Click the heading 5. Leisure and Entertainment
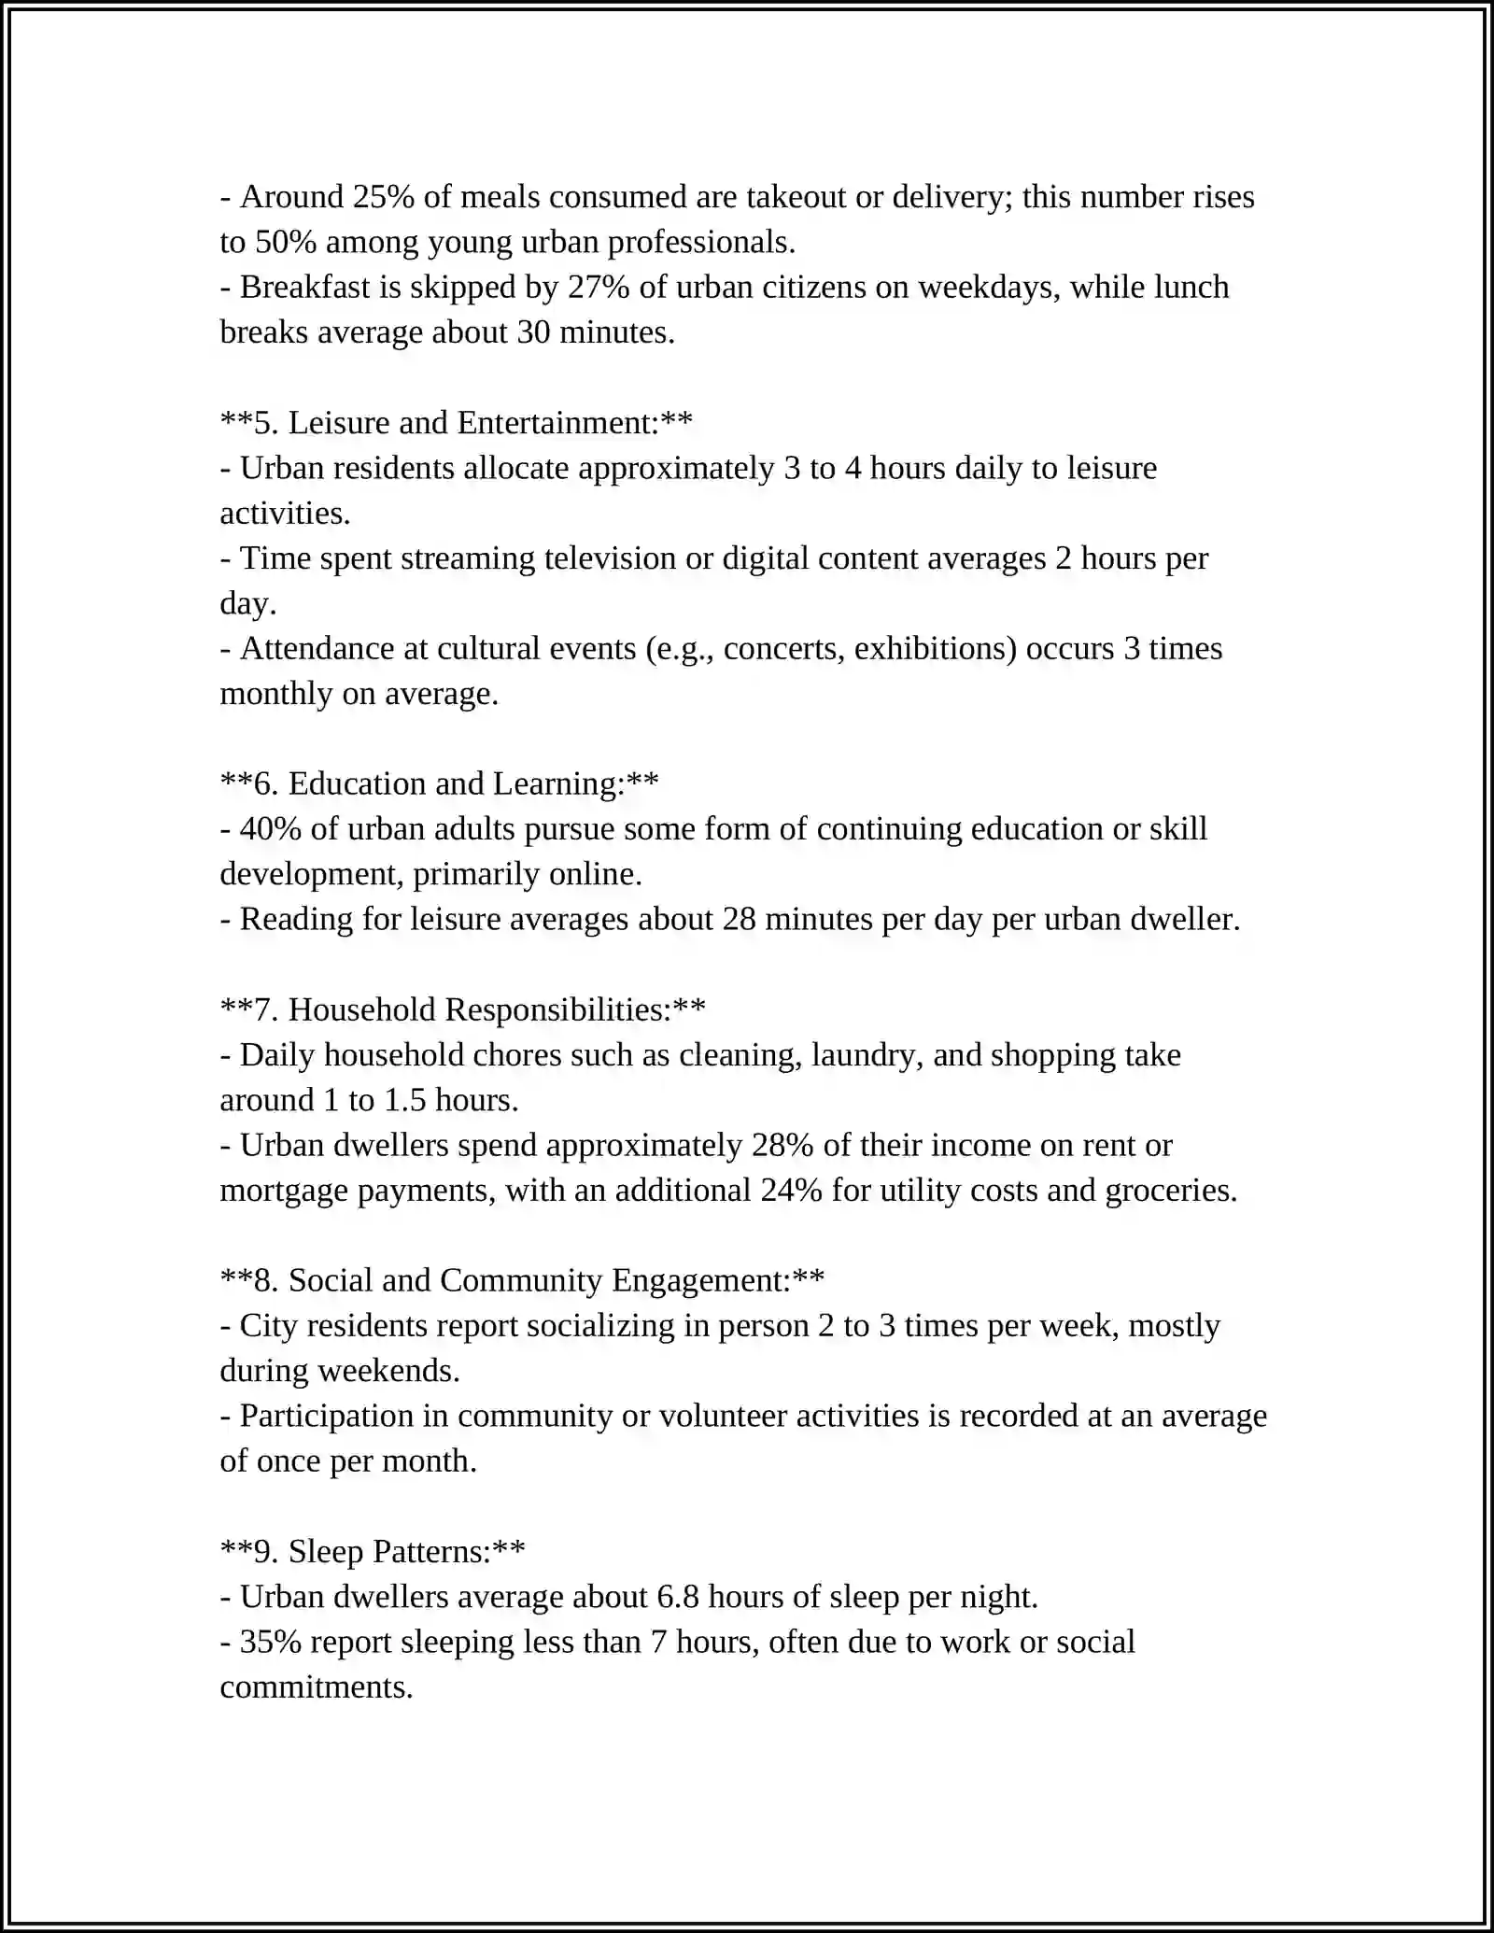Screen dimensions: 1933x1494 [x=457, y=423]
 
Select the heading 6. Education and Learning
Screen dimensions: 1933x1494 [x=440, y=784]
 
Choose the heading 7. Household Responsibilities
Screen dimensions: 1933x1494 [x=463, y=1010]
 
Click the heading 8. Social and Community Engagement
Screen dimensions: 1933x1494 [x=523, y=1281]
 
